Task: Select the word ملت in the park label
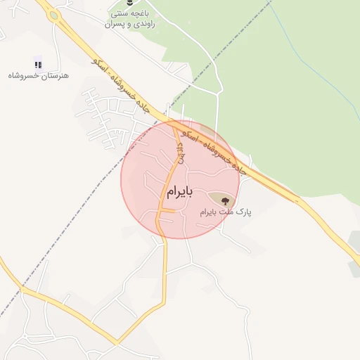click(x=226, y=211)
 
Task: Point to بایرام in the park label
click(x=208, y=211)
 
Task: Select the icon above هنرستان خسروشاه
click(x=38, y=64)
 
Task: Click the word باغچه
click(x=145, y=14)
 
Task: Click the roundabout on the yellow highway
click(x=53, y=15)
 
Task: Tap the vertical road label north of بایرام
click(x=181, y=152)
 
